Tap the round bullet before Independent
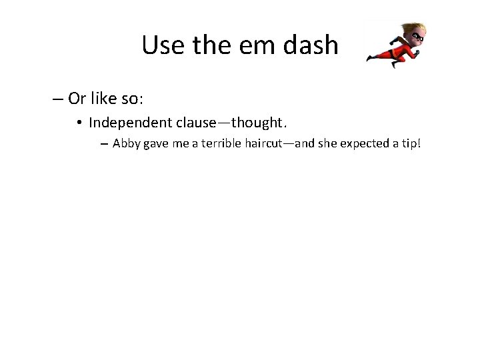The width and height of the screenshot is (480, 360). point(79,123)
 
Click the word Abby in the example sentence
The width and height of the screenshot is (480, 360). point(125,143)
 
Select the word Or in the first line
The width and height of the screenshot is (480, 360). point(77,99)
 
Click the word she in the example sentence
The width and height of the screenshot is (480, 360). point(317,143)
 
